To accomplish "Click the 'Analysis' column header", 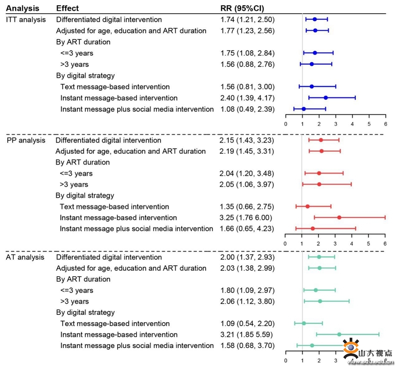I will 22,8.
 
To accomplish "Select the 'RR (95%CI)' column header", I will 242,8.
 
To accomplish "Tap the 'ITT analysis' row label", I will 25,19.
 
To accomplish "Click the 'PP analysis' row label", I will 26,140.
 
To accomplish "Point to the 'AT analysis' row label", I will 25,257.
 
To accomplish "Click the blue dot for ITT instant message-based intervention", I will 326,98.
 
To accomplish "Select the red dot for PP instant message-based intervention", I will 339,217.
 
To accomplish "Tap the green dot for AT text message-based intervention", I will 304,323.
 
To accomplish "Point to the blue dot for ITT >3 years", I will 312,64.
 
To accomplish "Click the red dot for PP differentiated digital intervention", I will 321,140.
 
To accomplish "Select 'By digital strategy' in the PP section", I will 85,195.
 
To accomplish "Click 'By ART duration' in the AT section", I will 83,279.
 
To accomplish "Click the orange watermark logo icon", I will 351,348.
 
